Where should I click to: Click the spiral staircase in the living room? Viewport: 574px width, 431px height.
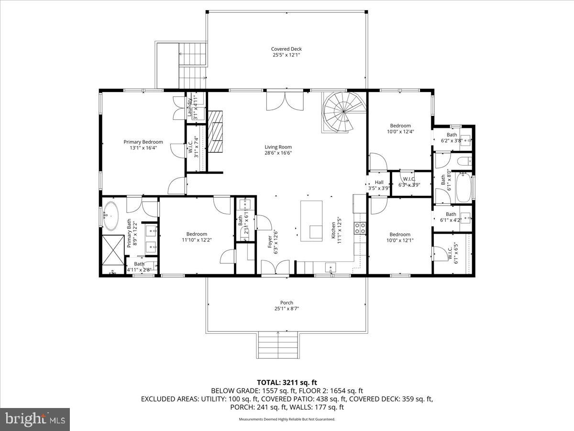click(343, 113)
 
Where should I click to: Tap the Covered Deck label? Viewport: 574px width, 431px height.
click(287, 52)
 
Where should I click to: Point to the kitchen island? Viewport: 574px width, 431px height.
click(312, 219)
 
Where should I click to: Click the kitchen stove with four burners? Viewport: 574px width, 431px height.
click(360, 227)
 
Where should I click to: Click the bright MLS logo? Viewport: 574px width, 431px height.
click(35, 419)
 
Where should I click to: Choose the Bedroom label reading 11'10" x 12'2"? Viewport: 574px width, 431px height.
click(197, 237)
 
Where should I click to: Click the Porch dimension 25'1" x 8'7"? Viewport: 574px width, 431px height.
click(287, 309)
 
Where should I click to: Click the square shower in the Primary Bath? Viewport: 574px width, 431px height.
click(113, 250)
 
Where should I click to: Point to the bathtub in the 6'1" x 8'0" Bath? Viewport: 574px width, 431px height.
click(464, 188)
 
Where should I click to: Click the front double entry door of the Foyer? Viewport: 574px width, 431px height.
click(276, 267)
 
